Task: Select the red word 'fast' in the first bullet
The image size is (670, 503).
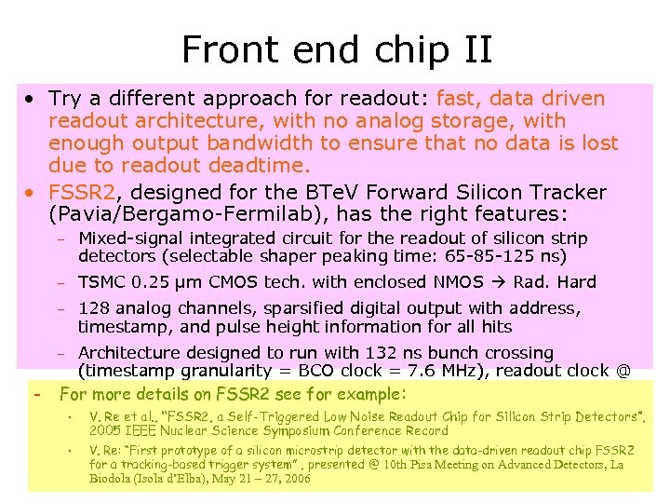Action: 457,99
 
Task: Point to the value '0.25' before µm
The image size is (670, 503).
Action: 145,282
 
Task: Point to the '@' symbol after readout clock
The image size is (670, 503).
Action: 623,371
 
